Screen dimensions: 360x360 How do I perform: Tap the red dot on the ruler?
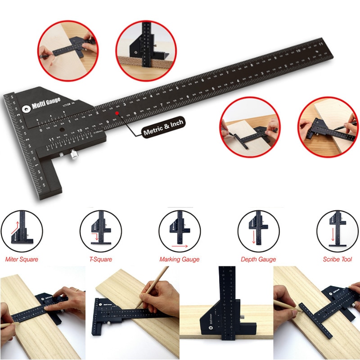pos(117,113)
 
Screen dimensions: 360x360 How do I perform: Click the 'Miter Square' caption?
pos(22,259)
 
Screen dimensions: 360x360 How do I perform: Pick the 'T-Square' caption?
pos(100,259)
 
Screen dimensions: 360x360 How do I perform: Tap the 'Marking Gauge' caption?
pos(179,259)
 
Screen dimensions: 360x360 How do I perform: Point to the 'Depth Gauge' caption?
pos(258,259)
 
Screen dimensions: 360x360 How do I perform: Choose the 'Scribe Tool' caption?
pos(337,259)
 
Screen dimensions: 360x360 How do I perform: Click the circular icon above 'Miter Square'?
pos(22,231)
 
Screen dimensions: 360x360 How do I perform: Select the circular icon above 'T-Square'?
pos(100,231)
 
